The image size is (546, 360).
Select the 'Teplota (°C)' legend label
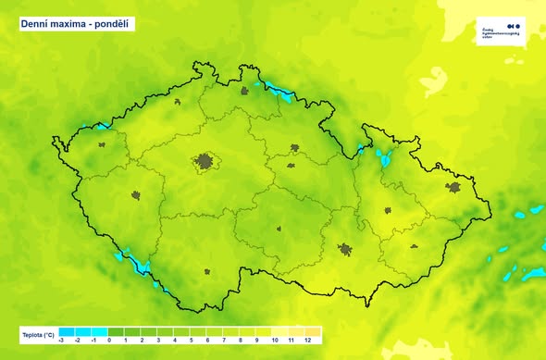coord(38,331)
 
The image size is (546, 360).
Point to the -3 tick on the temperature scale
coord(61,341)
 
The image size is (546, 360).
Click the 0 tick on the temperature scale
coord(109,341)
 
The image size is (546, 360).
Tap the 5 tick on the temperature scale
coord(191,341)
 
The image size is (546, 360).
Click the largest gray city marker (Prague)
coord(204,162)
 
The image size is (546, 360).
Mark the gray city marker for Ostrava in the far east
coord(453,187)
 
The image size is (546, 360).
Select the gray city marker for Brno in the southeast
coord(345,250)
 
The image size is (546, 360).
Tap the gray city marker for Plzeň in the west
coord(136,196)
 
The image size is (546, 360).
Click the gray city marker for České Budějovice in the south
coord(207,272)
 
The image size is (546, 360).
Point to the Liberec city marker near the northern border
coord(245,91)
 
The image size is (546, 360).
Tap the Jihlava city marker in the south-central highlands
coord(278,230)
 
